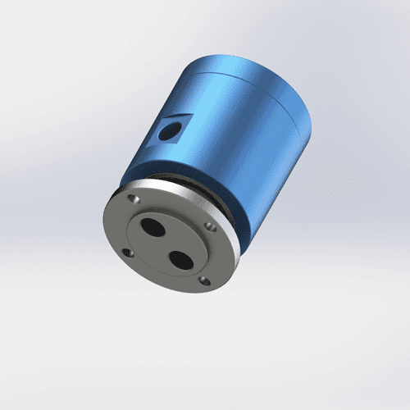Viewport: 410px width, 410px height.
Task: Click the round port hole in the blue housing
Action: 171,128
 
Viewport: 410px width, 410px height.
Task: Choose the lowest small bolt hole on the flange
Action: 204,281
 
